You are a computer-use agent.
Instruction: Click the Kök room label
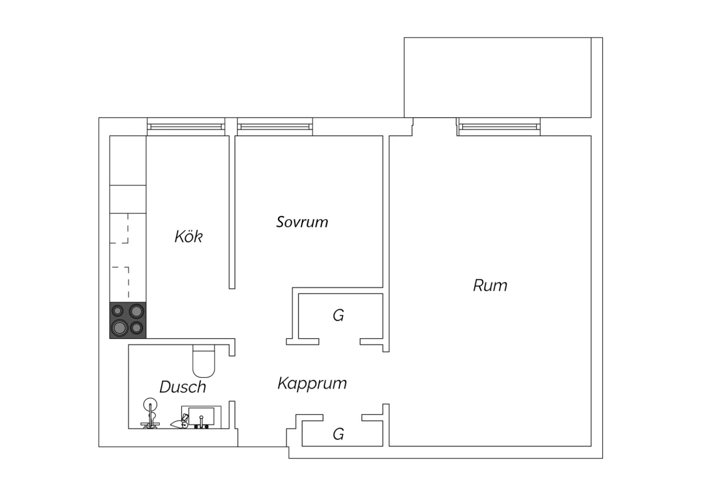188,236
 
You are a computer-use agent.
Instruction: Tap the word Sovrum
302,222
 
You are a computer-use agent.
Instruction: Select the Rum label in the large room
490,285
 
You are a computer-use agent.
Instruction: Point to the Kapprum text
312,384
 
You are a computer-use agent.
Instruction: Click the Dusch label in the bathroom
183,387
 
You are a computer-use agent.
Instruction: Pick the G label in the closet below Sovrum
338,315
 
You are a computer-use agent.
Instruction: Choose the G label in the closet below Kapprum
338,434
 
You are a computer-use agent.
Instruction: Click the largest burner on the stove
120,328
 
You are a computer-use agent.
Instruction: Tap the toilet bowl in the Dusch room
204,364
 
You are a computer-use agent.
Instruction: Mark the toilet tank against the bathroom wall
204,348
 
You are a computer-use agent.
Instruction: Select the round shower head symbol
150,405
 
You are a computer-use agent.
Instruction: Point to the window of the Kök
186,127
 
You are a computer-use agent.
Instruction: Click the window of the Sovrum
275,127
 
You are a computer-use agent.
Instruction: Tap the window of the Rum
498,127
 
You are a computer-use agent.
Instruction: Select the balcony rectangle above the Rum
497,78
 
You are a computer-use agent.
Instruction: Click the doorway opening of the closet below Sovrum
339,342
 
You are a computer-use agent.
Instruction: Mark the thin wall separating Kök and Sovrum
232,212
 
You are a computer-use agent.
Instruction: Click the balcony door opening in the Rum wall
435,127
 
